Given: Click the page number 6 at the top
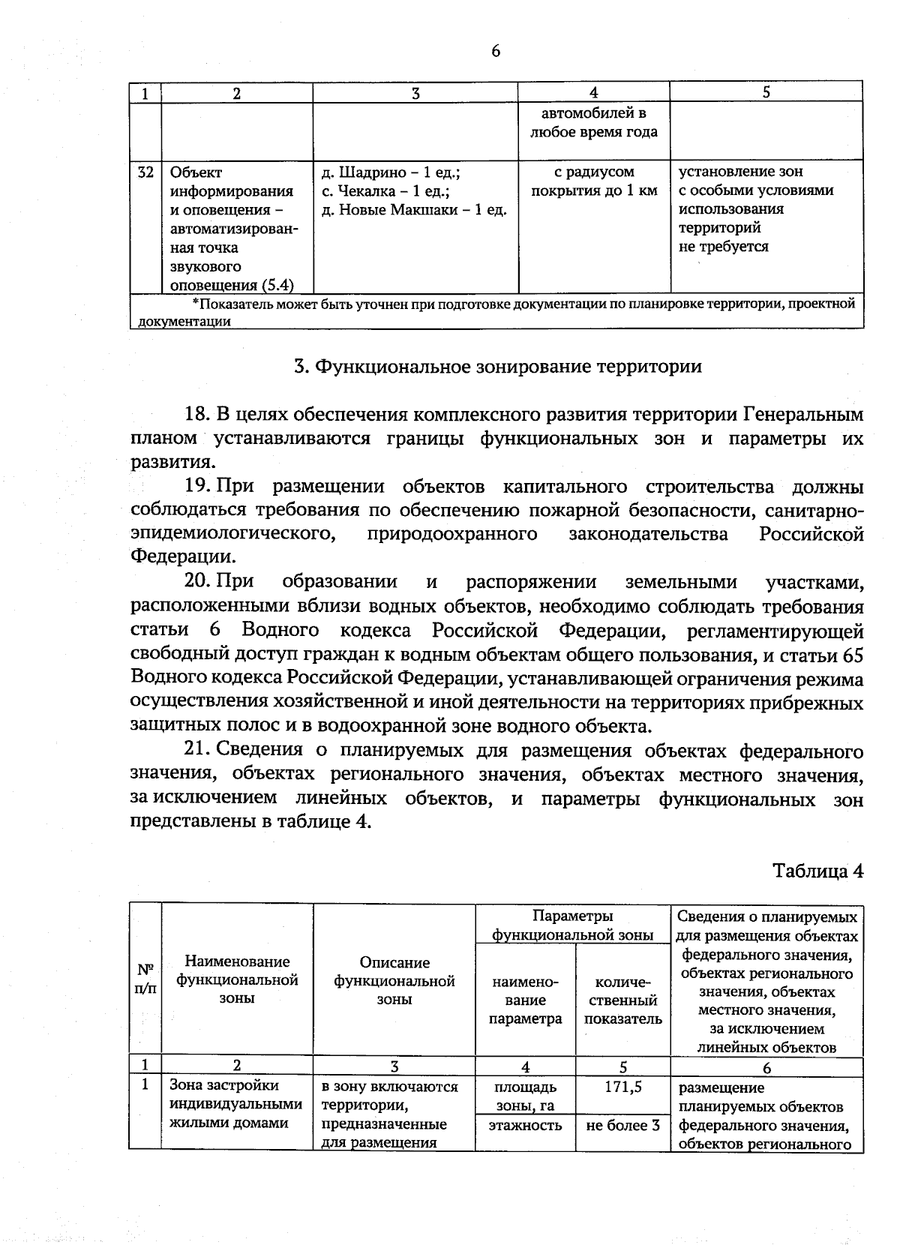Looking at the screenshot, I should click(x=496, y=51).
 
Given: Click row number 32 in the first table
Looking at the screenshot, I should click(x=145, y=172).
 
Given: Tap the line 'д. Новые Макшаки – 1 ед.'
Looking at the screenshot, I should click(x=414, y=210).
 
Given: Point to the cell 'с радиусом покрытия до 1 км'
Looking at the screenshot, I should click(x=594, y=181).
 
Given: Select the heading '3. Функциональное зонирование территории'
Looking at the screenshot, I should click(x=497, y=366).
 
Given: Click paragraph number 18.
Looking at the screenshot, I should click(x=197, y=415).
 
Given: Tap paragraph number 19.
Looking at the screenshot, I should click(x=197, y=487).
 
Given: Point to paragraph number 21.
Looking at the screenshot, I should click(x=197, y=751).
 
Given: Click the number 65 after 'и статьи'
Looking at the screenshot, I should click(x=853, y=655).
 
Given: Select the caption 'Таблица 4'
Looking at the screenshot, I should click(x=818, y=871).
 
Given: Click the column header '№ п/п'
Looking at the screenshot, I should click(x=145, y=978).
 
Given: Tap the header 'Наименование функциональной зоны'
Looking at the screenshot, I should click(x=237, y=979).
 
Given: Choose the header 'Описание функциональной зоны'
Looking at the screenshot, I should click(x=394, y=979).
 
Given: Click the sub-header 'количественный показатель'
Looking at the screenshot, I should click(x=622, y=1000).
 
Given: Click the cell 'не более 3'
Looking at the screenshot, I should click(x=622, y=1125).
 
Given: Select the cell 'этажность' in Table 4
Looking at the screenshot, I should click(x=525, y=1125).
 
